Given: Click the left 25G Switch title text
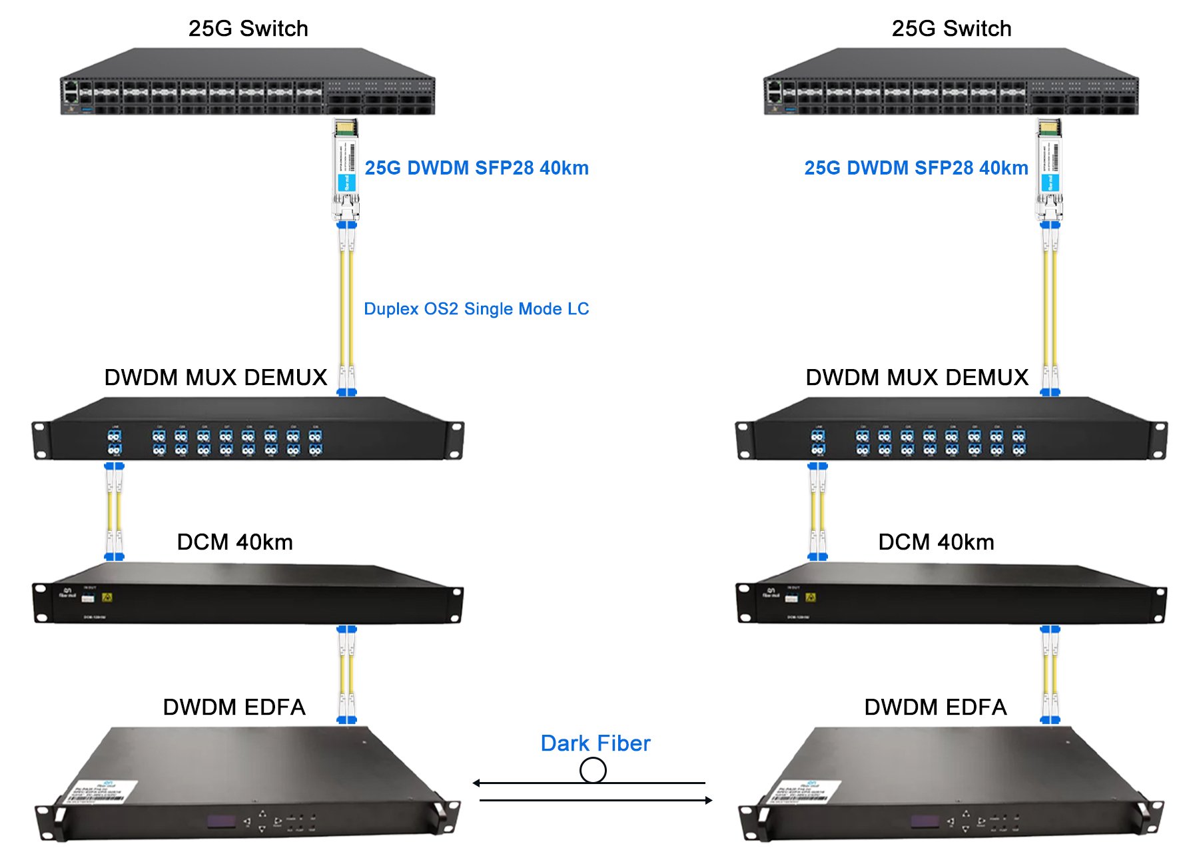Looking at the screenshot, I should click(248, 29).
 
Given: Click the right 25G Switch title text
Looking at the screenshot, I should click(951, 29).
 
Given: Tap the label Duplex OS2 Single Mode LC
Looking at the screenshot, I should click(476, 309).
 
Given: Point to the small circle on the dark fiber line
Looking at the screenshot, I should click(593, 771).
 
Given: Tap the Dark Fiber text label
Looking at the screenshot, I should click(595, 743).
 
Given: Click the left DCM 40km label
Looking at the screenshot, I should click(234, 542).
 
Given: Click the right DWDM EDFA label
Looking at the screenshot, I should click(935, 707).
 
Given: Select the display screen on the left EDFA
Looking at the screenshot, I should click(221, 821).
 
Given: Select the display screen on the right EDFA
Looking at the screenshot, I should click(925, 821).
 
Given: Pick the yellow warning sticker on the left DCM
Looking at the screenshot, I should click(108, 598).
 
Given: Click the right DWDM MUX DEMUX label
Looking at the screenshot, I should click(917, 378).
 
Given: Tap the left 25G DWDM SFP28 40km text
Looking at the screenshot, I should click(476, 168).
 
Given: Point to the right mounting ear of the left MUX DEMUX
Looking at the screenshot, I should click(456, 440).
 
